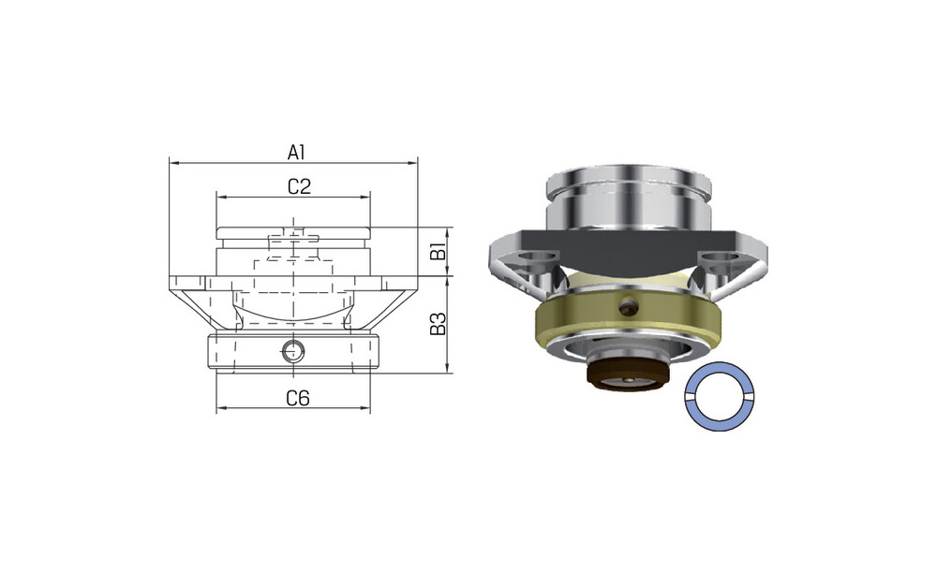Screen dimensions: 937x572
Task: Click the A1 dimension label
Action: tap(296, 153)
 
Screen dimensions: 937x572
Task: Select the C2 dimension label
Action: tap(300, 187)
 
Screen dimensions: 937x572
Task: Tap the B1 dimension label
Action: tap(439, 252)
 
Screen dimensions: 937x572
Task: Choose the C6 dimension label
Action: tap(298, 398)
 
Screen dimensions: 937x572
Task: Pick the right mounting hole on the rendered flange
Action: tap(718, 257)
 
